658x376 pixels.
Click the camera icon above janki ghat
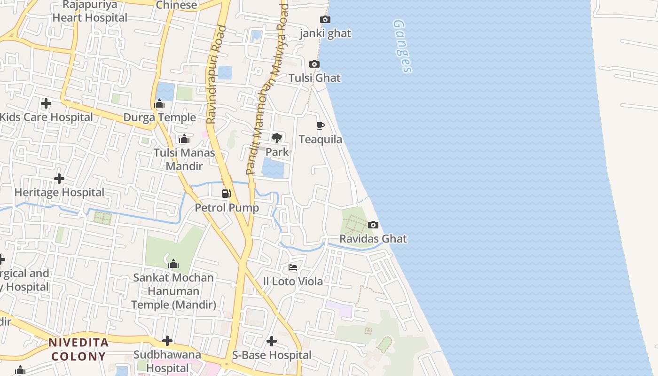pyautogui.click(x=325, y=20)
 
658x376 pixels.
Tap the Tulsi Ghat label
pyautogui.click(x=314, y=78)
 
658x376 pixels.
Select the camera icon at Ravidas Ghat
pyautogui.click(x=373, y=225)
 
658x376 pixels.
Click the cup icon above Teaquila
pyautogui.click(x=321, y=125)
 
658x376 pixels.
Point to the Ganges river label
pyautogui.click(x=402, y=46)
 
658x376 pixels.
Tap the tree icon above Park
pyautogui.click(x=277, y=138)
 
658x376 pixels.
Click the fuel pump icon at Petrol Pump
pyautogui.click(x=227, y=193)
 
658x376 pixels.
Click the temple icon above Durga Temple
pyautogui.click(x=159, y=104)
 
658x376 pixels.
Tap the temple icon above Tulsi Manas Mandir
pyautogui.click(x=184, y=139)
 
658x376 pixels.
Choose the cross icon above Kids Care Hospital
pyautogui.click(x=46, y=103)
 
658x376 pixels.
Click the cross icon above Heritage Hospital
pyautogui.click(x=59, y=179)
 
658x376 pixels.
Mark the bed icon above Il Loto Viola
pyautogui.click(x=293, y=267)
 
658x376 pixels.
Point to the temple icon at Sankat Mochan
pyautogui.click(x=173, y=264)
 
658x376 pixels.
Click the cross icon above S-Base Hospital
pyautogui.click(x=272, y=341)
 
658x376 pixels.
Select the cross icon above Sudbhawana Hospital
pyautogui.click(x=167, y=341)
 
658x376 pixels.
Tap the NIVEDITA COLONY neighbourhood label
pyautogui.click(x=78, y=349)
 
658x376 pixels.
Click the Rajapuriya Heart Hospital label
pyautogui.click(x=90, y=11)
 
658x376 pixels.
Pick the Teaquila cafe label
pyautogui.click(x=321, y=140)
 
